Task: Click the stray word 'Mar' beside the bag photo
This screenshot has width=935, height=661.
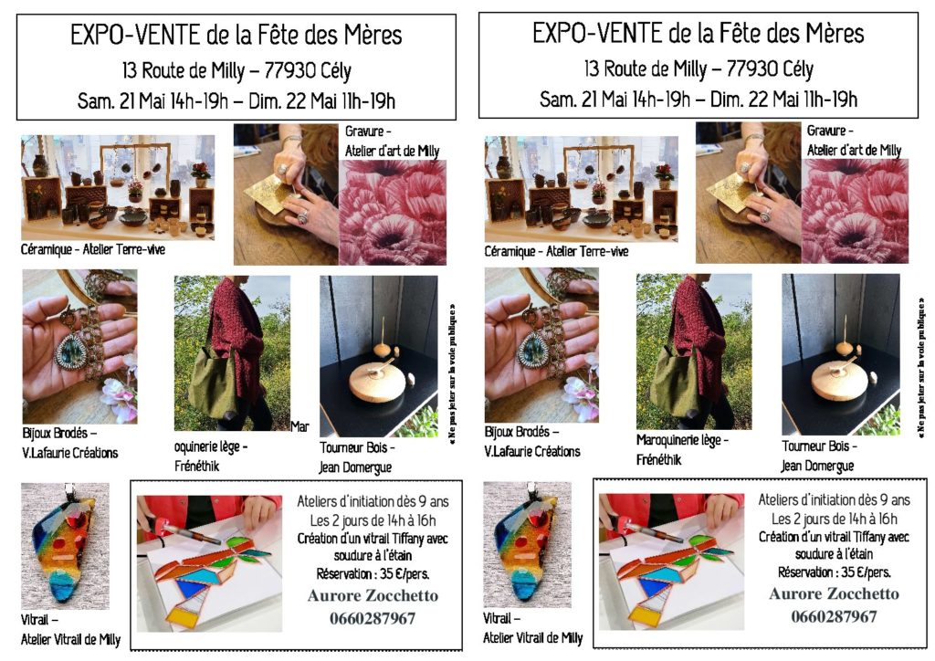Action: click(299, 426)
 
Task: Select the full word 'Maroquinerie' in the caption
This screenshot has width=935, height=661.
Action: click(668, 440)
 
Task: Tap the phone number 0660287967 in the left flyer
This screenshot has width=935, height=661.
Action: click(373, 618)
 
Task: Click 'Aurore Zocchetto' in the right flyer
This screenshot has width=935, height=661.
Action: click(834, 593)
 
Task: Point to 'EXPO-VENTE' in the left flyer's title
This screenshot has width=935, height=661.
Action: click(135, 35)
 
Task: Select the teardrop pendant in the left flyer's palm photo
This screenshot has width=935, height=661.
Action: click(70, 351)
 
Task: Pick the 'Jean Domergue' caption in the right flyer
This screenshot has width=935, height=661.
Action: click(817, 467)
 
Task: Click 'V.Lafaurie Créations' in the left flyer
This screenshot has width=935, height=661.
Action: click(69, 453)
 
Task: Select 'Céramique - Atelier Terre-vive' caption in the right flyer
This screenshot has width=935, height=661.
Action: click(556, 251)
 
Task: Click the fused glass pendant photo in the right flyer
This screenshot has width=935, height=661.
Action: click(527, 545)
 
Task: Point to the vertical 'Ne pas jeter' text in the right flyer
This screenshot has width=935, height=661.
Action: click(922, 369)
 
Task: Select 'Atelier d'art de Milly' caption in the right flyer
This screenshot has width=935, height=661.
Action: click(854, 151)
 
